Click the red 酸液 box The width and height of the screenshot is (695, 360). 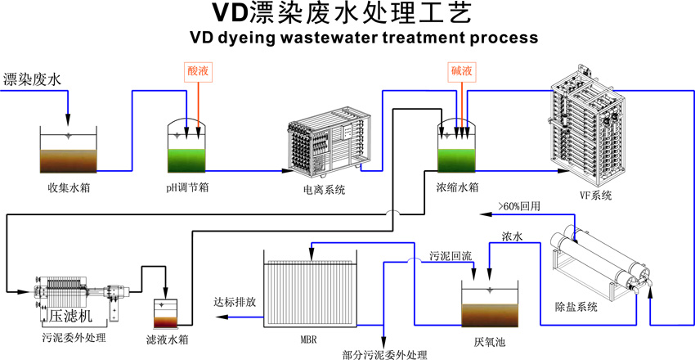(198, 72)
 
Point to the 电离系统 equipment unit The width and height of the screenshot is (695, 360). (326, 146)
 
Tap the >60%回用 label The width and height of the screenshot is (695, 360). (520, 206)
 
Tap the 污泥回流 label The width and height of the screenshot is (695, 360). (451, 256)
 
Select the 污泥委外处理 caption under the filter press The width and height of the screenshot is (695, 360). (74, 335)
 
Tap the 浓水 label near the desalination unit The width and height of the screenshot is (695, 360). (512, 236)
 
